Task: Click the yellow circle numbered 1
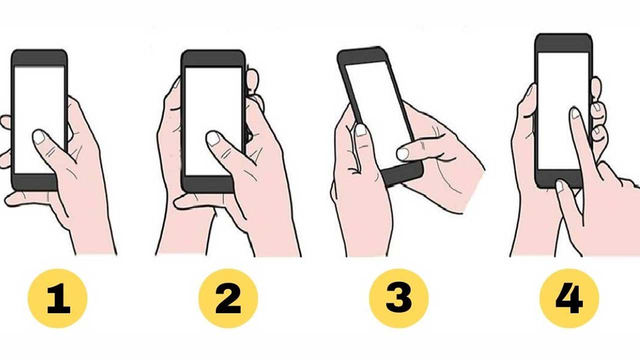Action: click(x=57, y=298)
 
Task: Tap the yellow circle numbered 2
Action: click(x=228, y=298)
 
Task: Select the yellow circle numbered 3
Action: click(x=399, y=298)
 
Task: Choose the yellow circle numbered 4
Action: click(x=569, y=298)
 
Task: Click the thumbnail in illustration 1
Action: click(x=39, y=137)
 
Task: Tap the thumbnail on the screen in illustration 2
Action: click(x=213, y=139)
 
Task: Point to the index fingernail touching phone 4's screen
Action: click(x=575, y=113)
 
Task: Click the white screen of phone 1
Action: click(x=39, y=119)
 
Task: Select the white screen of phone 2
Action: click(x=213, y=121)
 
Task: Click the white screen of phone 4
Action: click(x=563, y=111)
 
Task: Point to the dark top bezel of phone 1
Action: click(x=39, y=58)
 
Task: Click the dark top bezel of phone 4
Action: click(x=563, y=43)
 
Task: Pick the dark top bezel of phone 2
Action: click(x=213, y=59)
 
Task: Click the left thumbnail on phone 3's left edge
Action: click(x=361, y=130)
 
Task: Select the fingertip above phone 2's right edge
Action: click(x=252, y=78)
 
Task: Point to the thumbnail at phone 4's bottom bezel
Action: click(x=559, y=186)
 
